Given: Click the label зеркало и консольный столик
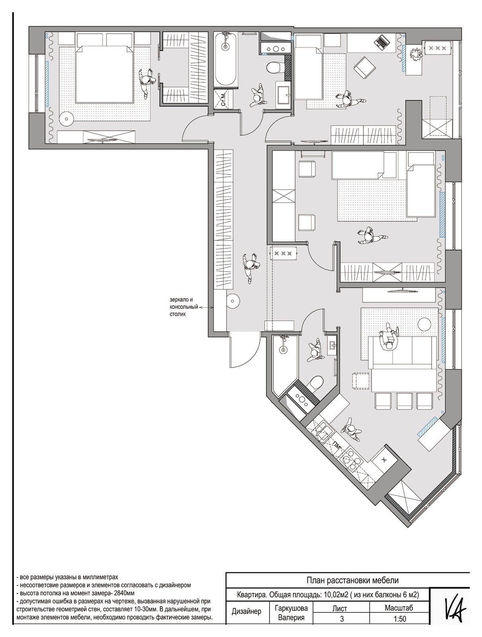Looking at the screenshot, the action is [183, 307].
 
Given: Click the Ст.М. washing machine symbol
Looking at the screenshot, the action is [224, 99].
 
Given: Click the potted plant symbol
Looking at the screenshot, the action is [416, 54].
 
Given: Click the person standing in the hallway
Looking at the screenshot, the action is [250, 266].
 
